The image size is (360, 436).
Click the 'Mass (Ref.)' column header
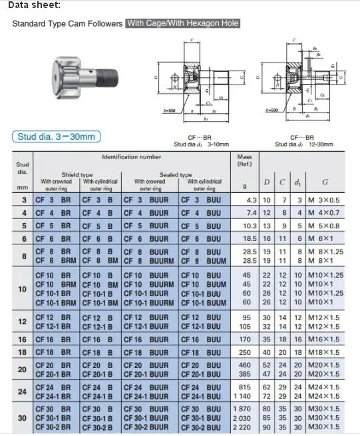pos(244,160)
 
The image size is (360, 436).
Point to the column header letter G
pos(325,182)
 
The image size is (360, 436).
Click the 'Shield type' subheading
pos(78,174)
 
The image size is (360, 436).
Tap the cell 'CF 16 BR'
pos(54,339)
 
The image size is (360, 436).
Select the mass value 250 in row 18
pos(250,351)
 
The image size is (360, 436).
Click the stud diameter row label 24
pos(23,391)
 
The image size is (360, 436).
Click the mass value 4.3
pos(252,200)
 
